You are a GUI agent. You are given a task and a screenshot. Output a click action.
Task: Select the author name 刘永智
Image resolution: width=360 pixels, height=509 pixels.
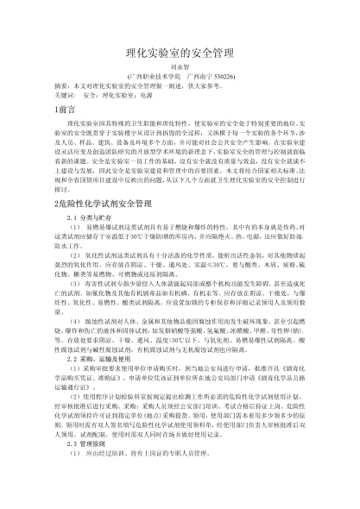[180, 72]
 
